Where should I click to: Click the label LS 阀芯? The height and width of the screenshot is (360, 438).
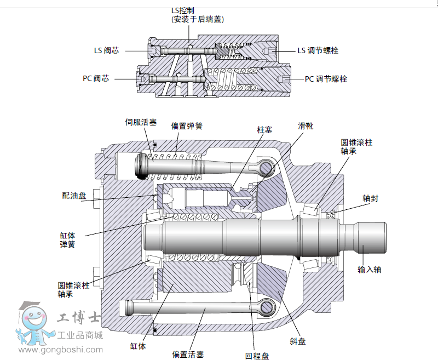pyautogui.click(x=106, y=51)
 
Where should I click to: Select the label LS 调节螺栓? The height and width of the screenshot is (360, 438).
pyautogui.click(x=318, y=50)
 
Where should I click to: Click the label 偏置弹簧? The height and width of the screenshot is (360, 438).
pyautogui.click(x=187, y=125)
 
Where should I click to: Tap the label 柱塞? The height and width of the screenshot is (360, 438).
pyautogui.click(x=265, y=130)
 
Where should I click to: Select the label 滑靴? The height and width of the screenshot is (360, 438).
pyautogui.click(x=306, y=125)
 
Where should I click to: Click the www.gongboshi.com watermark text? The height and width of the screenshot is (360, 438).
pyautogui.click(x=59, y=350)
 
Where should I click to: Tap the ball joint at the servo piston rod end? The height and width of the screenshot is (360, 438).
pyautogui.click(x=266, y=166)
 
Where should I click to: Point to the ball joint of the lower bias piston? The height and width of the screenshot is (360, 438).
pyautogui.click(x=266, y=307)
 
